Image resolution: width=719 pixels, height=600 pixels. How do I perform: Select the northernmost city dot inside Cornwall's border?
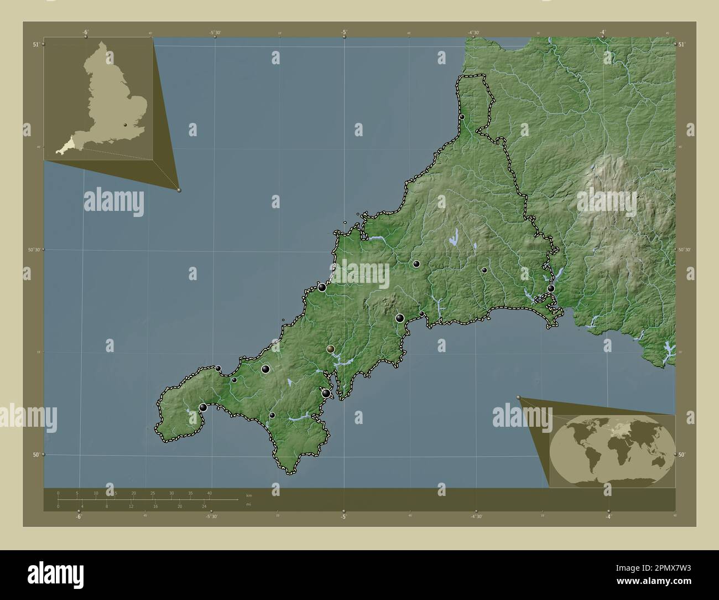462,117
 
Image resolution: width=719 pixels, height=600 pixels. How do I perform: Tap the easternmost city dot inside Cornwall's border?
551,288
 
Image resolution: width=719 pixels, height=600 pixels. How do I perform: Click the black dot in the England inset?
126,125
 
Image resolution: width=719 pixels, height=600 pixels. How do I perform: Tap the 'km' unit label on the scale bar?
248,495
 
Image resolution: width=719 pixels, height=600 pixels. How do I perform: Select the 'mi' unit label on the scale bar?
248,504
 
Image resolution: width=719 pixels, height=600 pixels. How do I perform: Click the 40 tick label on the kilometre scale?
209,493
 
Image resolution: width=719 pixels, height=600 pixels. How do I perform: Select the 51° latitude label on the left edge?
36,44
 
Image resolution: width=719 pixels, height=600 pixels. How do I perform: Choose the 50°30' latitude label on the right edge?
685,250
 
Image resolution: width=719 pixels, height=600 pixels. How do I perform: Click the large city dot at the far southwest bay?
203,407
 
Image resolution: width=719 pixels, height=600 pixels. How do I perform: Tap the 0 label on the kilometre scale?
58,493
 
